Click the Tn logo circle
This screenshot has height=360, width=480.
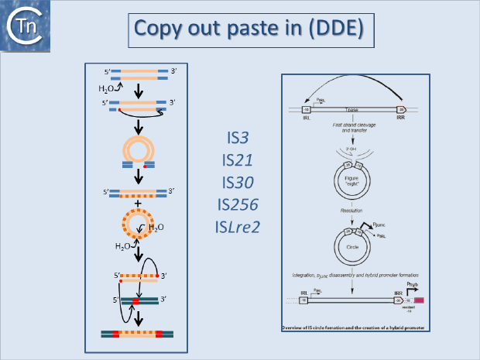(x=22, y=26)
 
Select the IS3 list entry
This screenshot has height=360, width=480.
(x=238, y=140)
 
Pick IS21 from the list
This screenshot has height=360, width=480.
(x=238, y=162)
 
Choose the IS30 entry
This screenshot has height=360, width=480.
(x=238, y=183)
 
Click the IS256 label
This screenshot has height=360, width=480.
(x=238, y=205)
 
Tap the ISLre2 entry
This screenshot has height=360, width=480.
(x=238, y=227)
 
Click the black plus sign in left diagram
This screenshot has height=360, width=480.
(x=139, y=204)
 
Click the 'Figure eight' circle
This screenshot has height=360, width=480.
(x=351, y=183)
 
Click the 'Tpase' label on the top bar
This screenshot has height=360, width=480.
(x=351, y=109)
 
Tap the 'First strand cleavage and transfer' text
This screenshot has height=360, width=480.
(x=352, y=128)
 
